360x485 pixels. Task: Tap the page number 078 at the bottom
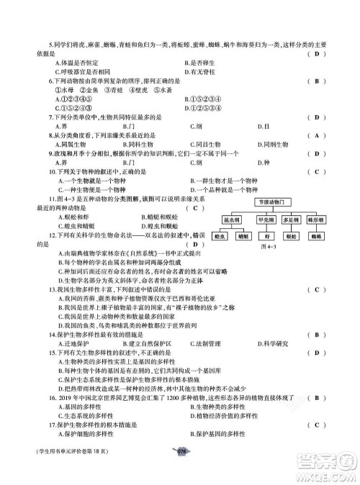tap(181, 471)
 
